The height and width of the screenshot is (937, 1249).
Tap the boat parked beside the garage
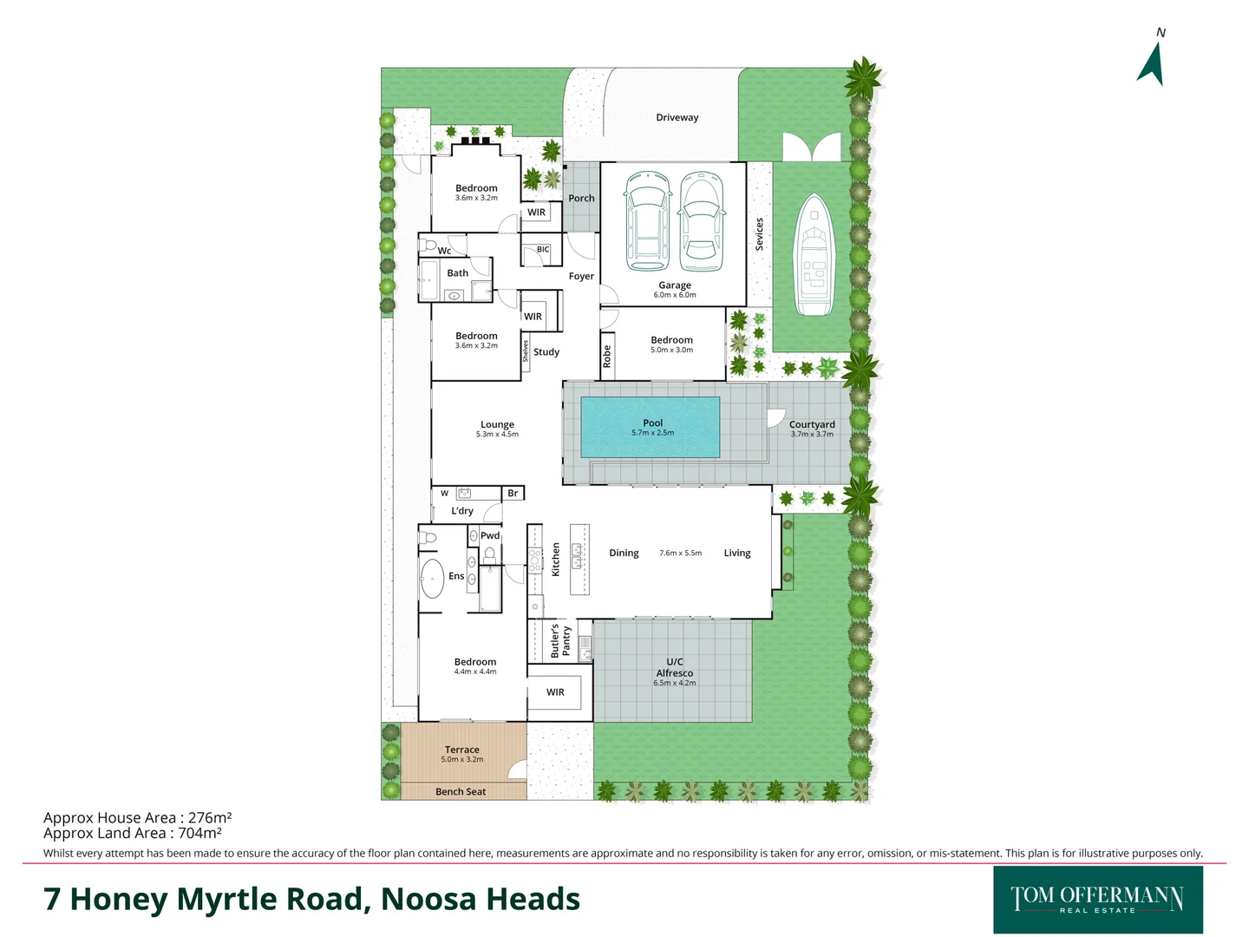[x=814, y=255]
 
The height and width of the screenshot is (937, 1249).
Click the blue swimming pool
[x=651, y=427]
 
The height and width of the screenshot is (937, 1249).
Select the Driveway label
[x=677, y=117]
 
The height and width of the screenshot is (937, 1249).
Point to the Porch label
[x=581, y=198]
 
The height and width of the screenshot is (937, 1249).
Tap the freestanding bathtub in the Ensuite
[x=432, y=578]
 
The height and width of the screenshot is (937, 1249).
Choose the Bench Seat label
[x=461, y=791]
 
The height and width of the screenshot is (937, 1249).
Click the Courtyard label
[x=812, y=424]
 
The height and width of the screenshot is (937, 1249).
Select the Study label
[x=546, y=351]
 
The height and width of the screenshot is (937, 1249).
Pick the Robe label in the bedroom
[x=607, y=356]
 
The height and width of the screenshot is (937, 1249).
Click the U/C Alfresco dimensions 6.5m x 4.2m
[x=675, y=683]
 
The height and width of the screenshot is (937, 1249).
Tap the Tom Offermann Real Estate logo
[x=1097, y=900]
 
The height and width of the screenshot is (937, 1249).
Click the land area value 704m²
[x=199, y=833]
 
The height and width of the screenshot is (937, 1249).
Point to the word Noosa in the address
[x=427, y=900]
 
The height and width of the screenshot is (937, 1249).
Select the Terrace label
[x=461, y=749]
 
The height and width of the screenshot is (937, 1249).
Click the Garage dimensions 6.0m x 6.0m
[x=675, y=295]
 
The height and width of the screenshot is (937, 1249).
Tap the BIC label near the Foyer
[x=543, y=249]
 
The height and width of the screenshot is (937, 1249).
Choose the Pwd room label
[x=490, y=535]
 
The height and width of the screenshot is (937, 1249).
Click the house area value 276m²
[x=210, y=817]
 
